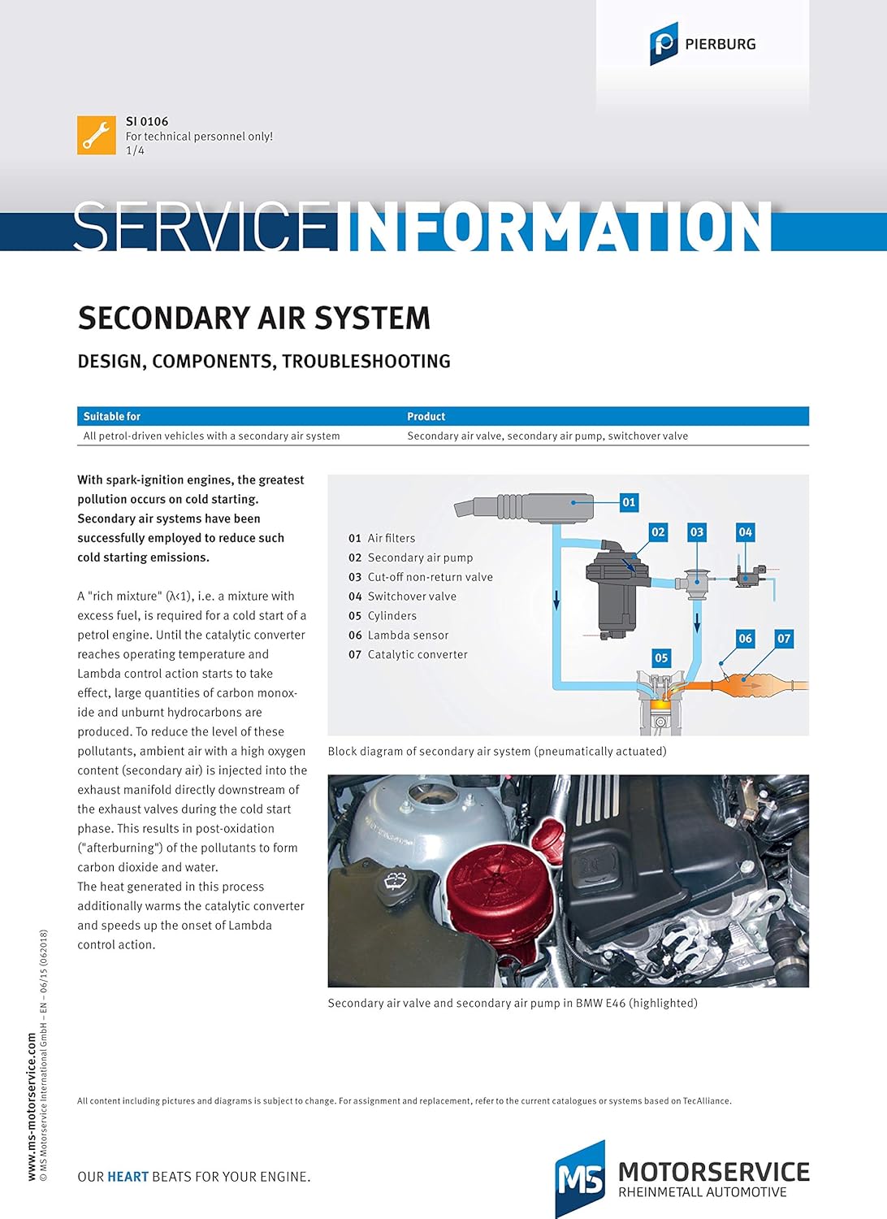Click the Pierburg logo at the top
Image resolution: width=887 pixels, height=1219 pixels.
coord(702,44)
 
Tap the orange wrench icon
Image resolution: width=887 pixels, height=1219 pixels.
coord(97,135)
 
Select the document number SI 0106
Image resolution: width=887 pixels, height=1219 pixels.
coord(147,121)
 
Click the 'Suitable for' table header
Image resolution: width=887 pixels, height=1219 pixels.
coord(112,416)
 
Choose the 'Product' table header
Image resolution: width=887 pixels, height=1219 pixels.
coord(426,416)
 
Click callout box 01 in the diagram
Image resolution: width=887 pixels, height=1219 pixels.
coord(629,502)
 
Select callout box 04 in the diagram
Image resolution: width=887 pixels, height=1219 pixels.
coord(745,532)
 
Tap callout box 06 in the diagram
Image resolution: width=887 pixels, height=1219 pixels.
coord(745,639)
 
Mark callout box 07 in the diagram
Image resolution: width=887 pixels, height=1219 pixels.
coord(783,639)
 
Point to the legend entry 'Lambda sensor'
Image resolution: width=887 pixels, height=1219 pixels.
coord(408,636)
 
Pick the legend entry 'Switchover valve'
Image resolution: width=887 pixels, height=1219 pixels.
coord(412,596)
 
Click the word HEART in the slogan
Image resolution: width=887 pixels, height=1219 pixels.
coord(128,1177)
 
